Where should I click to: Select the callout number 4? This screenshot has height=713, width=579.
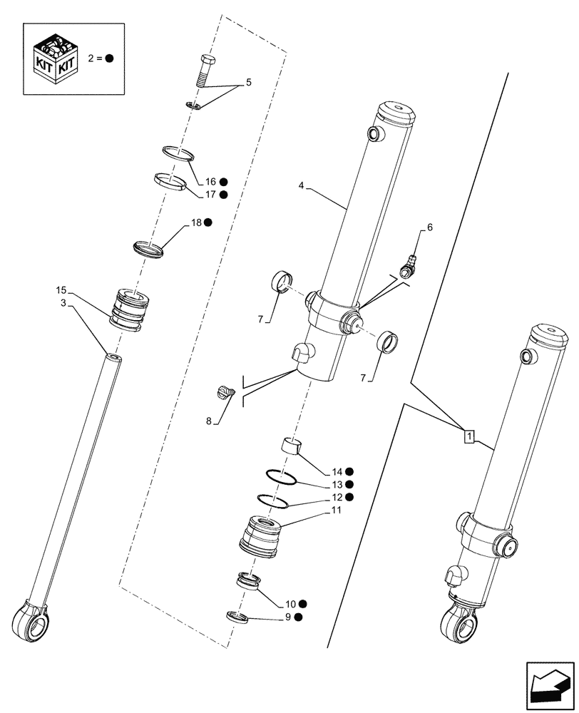coord(302,185)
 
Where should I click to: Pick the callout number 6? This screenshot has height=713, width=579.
coord(429,227)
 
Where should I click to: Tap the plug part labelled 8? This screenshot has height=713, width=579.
coord(225,392)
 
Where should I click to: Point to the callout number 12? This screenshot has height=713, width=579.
coord(336,497)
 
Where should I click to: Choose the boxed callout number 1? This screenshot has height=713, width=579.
coord(468,435)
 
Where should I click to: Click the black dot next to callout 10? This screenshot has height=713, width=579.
coord(303,603)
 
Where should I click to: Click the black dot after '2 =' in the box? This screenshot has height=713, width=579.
coord(110,59)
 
